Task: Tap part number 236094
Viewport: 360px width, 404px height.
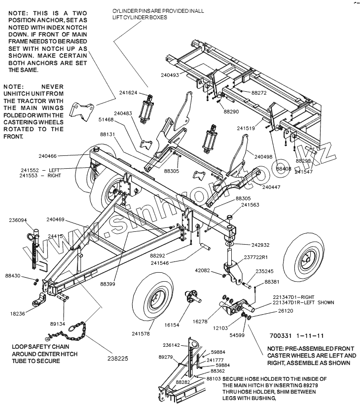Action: click(18, 220)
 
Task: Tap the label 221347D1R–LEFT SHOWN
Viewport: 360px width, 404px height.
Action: click(300, 302)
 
